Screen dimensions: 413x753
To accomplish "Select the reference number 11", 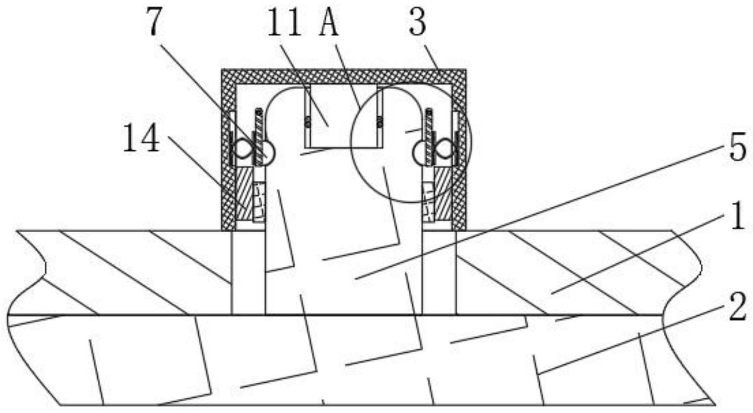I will pos(284,22).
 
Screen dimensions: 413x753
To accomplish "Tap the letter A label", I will pos(329,22).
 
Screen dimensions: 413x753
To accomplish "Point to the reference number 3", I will pos(417,22).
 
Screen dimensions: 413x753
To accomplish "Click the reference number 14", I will pos(141,138).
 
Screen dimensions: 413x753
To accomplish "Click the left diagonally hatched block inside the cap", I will pos(244,194).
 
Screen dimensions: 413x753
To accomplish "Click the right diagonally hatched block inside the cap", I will pos(443,194).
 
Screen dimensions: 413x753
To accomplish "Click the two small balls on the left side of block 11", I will pos(308,122).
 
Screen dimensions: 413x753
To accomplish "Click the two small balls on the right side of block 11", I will pos(379,122).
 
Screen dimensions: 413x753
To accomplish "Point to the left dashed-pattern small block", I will pos(259,201).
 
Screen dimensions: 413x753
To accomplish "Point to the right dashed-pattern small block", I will pos(428,201).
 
